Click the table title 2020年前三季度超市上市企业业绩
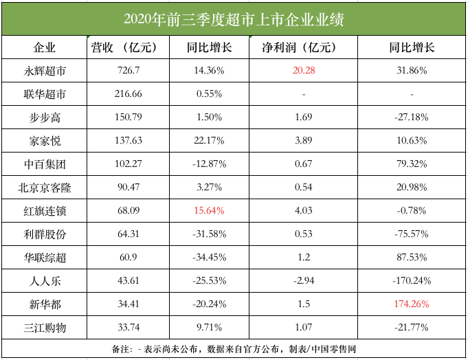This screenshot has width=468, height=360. click(234, 19)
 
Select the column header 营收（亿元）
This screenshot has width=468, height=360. click(129, 47)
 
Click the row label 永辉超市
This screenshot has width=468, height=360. click(45, 70)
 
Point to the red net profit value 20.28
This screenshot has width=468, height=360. click(303, 70)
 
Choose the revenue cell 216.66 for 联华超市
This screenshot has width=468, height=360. click(129, 93)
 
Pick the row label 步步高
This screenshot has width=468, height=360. click(45, 117)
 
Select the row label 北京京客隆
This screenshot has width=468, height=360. click(45, 188)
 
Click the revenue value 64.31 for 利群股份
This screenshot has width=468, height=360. click(129, 234)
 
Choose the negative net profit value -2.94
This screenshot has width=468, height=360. click(303, 281)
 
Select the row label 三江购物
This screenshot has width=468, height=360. click(45, 328)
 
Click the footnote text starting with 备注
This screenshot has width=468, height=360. click(234, 349)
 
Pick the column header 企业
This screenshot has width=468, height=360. click(45, 47)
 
